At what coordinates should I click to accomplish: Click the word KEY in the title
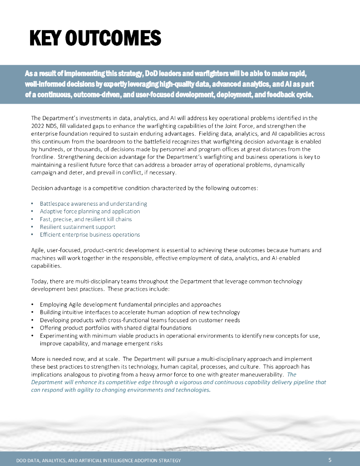45,38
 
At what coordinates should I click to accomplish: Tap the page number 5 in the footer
330,460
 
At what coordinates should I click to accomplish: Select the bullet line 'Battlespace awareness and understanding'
93,203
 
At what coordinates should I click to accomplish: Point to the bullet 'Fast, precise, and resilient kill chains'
92,219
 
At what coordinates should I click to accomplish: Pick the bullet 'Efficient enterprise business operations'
90,234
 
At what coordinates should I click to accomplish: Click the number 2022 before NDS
39,126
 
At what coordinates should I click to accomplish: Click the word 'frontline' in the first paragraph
43,157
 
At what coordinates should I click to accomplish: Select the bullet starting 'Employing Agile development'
131,304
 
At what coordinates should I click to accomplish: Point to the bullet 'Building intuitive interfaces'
140,312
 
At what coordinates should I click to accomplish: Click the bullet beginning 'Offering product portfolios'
116,328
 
